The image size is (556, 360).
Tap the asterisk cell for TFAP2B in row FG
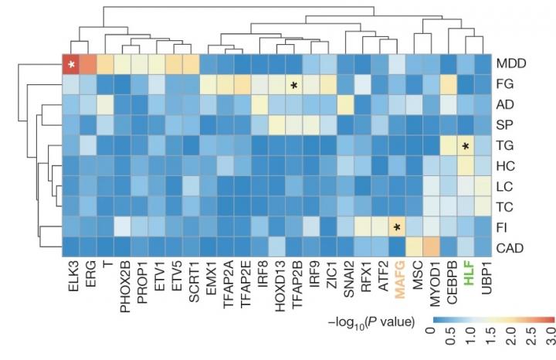point(294,85)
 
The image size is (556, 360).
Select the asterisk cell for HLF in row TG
point(466,146)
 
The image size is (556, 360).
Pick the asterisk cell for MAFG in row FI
point(397,226)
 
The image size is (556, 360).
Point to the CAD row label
point(510,247)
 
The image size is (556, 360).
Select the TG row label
point(505,144)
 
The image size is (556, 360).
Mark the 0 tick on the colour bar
point(433,336)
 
